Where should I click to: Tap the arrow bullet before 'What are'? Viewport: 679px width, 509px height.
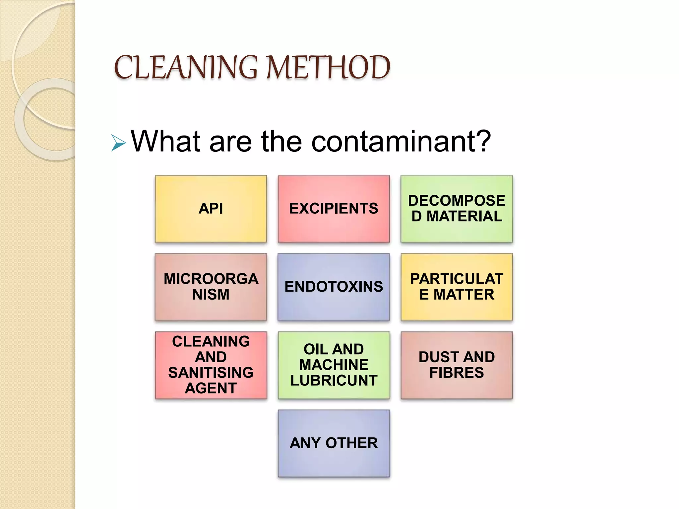(118, 143)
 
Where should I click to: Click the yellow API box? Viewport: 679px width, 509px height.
(211, 209)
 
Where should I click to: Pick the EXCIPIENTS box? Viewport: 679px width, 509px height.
(334, 209)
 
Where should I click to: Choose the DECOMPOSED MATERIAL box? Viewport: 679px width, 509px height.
(457, 209)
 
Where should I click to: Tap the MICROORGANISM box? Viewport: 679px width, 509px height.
(211, 287)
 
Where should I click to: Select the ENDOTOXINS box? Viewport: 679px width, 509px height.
(334, 287)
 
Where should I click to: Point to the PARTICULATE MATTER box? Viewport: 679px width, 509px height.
(457, 287)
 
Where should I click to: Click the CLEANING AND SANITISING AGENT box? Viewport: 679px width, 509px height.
(211, 365)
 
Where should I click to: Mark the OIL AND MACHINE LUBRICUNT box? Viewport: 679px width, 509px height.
(334, 365)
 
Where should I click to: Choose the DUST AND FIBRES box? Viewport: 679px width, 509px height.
(457, 365)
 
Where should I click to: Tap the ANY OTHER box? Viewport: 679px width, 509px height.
(334, 443)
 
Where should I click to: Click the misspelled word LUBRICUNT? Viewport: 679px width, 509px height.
(334, 380)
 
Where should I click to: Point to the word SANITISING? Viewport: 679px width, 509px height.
(211, 372)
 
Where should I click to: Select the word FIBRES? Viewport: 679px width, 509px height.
(457, 373)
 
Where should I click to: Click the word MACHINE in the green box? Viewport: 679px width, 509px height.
(334, 365)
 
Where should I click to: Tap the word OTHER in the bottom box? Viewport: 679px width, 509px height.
(351, 443)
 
